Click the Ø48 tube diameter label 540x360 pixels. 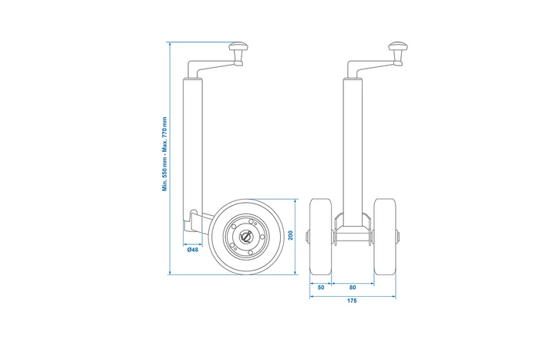click(x=193, y=250)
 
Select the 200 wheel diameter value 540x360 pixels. click(x=290, y=236)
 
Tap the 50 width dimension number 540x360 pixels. click(x=320, y=287)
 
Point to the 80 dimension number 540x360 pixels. click(x=353, y=287)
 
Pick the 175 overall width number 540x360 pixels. click(x=353, y=302)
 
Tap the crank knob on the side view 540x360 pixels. click(x=235, y=50)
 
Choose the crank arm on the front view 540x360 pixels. click(x=374, y=69)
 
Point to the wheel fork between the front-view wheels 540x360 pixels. click(x=353, y=231)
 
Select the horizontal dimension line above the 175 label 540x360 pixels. click(x=353, y=295)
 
